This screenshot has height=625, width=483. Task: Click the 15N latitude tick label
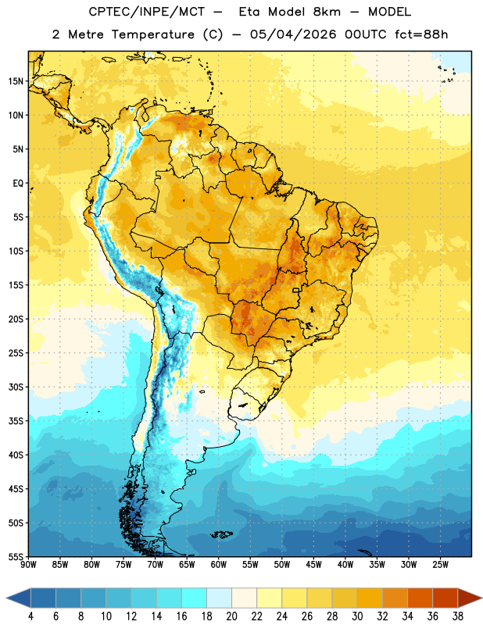point(16,81)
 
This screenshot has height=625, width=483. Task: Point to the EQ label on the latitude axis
point(18,184)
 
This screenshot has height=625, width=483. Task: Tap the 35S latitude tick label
point(16,421)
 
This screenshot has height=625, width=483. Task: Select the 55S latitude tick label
point(16,556)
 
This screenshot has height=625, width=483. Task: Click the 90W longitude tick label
point(28,565)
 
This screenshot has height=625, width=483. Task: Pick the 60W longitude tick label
point(219,565)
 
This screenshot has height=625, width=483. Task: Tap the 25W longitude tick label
point(440,565)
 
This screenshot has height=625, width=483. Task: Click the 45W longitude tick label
point(313,565)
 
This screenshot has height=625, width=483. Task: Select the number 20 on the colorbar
point(231,616)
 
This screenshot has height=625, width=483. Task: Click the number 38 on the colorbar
point(458,616)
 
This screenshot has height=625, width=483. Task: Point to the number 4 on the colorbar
point(30,616)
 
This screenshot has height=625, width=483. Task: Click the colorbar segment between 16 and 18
point(195,598)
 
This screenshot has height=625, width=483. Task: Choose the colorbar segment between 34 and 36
point(420,598)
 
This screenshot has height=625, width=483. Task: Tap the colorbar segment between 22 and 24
point(270,598)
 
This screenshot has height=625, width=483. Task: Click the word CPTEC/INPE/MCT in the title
point(147,12)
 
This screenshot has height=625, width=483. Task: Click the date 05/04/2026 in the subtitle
point(293,34)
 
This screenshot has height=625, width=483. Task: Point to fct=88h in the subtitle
point(421,34)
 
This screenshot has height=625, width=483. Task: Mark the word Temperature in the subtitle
point(153,35)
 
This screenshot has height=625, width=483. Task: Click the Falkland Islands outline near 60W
point(221,534)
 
